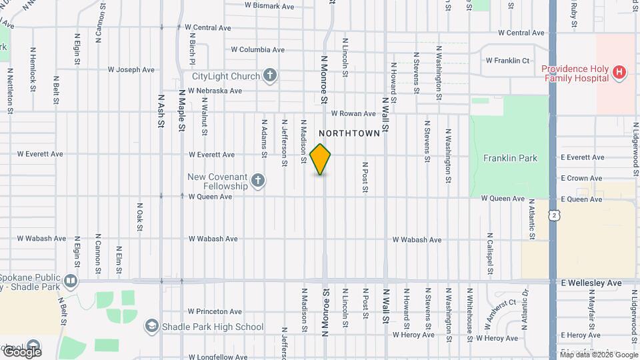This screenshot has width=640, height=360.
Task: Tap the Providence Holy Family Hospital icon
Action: coord(620,73)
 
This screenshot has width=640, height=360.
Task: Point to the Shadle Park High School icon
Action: coord(151,326)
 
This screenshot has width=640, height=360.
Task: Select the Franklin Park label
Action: coord(511,158)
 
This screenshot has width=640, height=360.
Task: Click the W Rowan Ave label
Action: coord(354,113)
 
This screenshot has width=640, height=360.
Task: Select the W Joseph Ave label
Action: coord(131,69)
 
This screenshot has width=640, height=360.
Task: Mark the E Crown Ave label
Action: coord(581,178)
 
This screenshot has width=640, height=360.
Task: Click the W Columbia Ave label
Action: coord(257,49)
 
